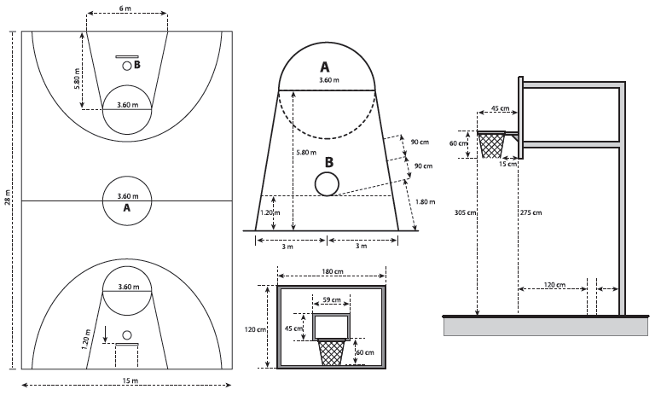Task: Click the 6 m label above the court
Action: coord(126,8)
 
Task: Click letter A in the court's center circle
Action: coord(126,207)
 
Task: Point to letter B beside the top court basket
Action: coord(136,65)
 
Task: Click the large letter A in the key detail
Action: coord(324,67)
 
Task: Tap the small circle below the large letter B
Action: coord(326,183)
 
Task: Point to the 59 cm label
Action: coord(331,299)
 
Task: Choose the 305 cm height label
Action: coord(464,213)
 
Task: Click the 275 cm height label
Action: coord(530,213)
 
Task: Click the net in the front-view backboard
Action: coord(331,351)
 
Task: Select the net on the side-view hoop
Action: coord(491,146)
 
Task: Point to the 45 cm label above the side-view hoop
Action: coord(500,108)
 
